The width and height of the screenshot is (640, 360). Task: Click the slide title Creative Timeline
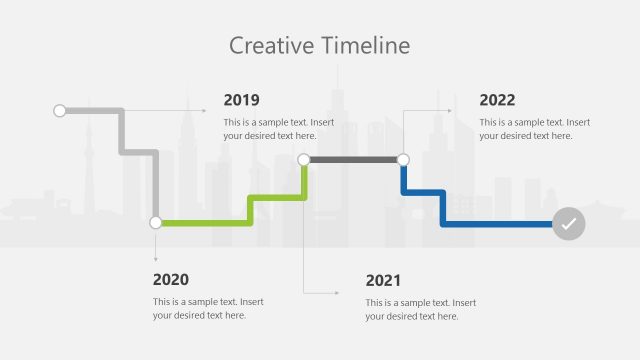pyautogui.click(x=319, y=45)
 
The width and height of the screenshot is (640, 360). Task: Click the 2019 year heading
pyautogui.click(x=241, y=100)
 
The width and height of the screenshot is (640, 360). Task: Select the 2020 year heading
pyautogui.click(x=170, y=280)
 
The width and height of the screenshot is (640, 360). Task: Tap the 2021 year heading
pyautogui.click(x=383, y=280)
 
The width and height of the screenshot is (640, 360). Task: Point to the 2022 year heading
pyautogui.click(x=497, y=100)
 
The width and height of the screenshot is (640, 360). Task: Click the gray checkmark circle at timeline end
pyautogui.click(x=568, y=224)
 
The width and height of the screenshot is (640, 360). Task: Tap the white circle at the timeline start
pyautogui.click(x=59, y=110)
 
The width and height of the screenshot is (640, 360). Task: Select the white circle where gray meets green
pyautogui.click(x=155, y=223)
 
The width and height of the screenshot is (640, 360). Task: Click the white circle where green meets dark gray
pyautogui.click(x=304, y=159)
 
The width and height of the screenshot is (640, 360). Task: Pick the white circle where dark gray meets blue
pyautogui.click(x=403, y=159)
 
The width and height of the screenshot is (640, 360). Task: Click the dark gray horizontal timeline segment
pyautogui.click(x=353, y=159)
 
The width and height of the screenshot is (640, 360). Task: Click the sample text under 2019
pyautogui.click(x=278, y=129)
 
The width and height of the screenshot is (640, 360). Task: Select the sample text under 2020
pyautogui.click(x=208, y=308)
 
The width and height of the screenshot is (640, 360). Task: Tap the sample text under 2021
pyautogui.click(x=420, y=309)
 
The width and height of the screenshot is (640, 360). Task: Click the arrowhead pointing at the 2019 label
pyautogui.click(x=203, y=110)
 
